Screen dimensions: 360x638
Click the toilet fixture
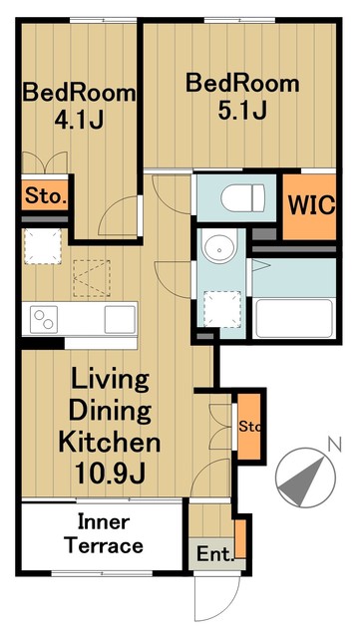pos(242,197)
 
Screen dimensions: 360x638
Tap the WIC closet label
pos(312,205)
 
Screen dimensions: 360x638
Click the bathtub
pos(294,319)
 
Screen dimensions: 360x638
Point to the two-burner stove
pos(44,320)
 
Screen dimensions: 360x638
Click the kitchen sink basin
pos(120,319)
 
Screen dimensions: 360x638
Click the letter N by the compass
pos(335,444)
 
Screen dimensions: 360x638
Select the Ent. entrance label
pos(216,554)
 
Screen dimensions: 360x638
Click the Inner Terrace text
pos(105,533)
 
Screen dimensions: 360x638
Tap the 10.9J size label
pos(110,473)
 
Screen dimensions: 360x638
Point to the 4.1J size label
pos(79,119)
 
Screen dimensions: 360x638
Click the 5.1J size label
pos(242,109)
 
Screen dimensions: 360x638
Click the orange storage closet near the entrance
pos(248,427)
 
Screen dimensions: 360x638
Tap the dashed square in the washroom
pos(222,309)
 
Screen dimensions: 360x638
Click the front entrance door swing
pos(216,598)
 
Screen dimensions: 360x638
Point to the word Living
pos(110,382)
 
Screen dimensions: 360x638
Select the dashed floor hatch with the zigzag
pos(92,278)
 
